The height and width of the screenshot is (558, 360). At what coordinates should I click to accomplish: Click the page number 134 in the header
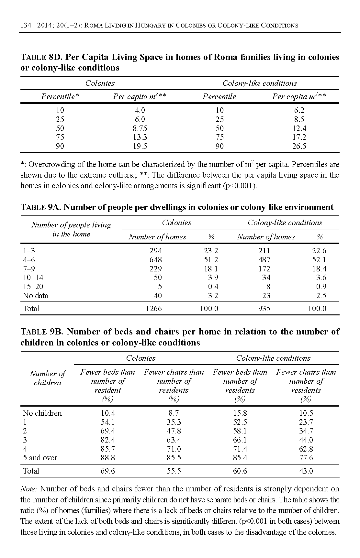(26, 25)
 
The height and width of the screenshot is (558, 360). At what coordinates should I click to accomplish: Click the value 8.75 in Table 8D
(140, 128)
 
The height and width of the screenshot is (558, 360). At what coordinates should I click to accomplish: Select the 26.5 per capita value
(299, 146)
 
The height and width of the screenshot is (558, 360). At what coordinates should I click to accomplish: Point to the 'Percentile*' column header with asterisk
(60, 96)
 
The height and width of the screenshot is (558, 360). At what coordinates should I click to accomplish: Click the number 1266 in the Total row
(154, 309)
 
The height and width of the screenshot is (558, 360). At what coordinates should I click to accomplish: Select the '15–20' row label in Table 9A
(33, 287)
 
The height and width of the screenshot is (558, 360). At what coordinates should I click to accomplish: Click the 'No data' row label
(36, 296)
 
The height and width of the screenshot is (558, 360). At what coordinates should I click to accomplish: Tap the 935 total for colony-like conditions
(264, 309)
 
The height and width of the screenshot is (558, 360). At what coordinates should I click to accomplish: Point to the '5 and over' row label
(40, 458)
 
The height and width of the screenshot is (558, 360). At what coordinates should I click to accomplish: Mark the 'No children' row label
(42, 413)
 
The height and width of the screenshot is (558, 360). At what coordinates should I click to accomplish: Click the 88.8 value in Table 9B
(107, 458)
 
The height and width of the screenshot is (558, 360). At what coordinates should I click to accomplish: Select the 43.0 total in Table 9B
(306, 471)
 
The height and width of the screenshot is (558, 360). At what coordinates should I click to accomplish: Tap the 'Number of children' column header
(48, 378)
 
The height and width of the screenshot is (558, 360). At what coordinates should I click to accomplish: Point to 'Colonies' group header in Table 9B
(141, 358)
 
